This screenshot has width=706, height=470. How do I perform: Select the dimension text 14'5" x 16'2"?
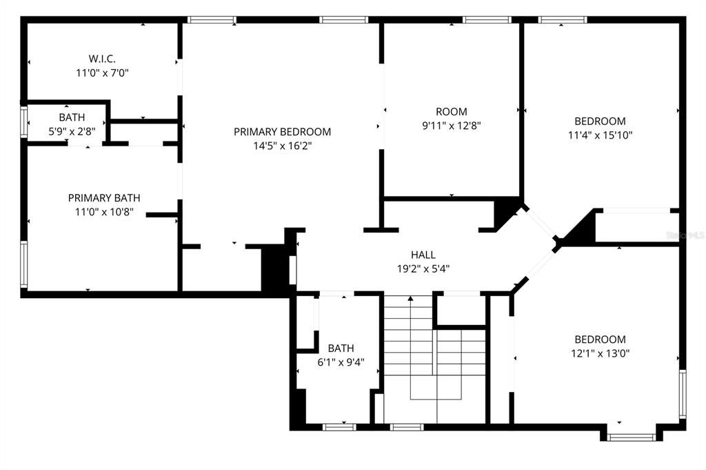click(282, 145)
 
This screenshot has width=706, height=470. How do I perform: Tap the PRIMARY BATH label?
click(99, 198)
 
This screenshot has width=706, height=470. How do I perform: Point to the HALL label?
click(423, 255)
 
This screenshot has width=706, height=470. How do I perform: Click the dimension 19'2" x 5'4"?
click(423, 268)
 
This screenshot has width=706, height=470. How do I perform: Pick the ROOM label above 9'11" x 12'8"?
click(451, 112)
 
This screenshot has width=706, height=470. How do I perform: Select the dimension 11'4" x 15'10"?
click(600, 135)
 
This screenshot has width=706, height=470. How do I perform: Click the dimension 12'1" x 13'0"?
click(600, 353)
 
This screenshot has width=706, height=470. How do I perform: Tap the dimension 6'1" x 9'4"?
click(341, 362)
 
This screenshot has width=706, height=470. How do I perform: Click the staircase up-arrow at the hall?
click(411, 299)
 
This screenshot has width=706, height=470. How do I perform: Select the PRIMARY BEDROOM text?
click(282, 132)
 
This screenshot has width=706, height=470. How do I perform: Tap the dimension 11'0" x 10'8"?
click(99, 212)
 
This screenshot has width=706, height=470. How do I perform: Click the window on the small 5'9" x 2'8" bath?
click(25, 122)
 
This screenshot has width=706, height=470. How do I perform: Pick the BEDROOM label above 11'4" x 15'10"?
click(600, 121)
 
